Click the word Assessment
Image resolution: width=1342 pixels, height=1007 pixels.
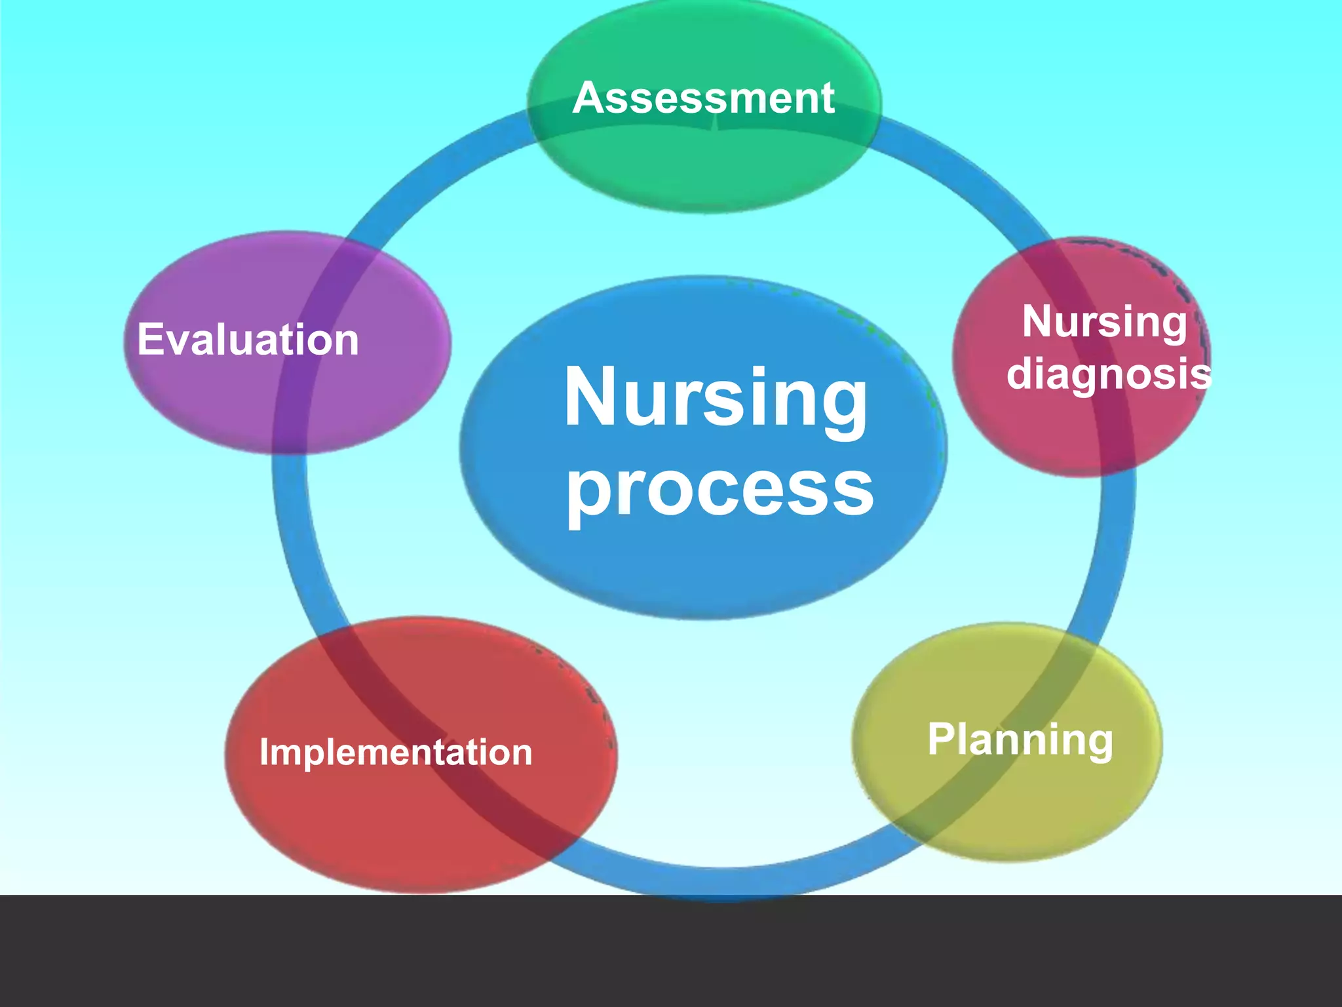tap(703, 98)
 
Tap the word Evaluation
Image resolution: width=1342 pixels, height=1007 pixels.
tap(248, 340)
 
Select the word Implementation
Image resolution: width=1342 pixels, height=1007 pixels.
tap(396, 752)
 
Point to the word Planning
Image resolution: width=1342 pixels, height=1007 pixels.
tap(1020, 740)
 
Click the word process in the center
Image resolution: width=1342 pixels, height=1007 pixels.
tap(719, 489)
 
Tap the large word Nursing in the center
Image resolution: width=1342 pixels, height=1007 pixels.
tap(716, 397)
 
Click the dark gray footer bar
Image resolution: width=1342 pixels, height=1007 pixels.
tap(671, 951)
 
